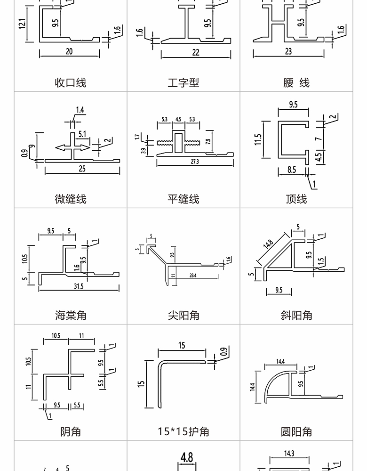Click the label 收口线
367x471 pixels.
[71, 83]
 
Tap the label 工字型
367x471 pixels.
[183, 83]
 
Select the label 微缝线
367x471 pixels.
[71, 199]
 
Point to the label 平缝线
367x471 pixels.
[183, 199]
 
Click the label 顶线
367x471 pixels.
[296, 199]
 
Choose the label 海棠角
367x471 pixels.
[71, 315]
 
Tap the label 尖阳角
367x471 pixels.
[183, 315]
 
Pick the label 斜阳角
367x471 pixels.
[296, 315]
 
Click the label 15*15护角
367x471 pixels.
[183, 431]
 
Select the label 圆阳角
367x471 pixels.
[296, 431]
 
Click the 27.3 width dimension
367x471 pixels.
[195, 162]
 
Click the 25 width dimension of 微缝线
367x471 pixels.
[82, 169]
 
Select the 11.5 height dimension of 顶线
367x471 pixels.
[258, 140]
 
